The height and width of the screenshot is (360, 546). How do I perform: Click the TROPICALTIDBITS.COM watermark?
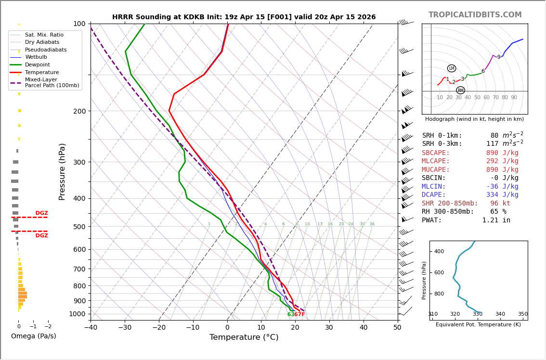tap(475, 15)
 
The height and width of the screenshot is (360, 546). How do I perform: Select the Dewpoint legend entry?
tap(37, 65)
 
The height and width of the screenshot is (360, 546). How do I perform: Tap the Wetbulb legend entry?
tap(36, 57)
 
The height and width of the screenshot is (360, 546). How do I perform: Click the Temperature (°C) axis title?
tap(244, 337)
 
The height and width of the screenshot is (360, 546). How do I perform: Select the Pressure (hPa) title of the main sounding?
tap(62, 171)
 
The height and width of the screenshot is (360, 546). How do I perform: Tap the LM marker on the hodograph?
tap(451, 68)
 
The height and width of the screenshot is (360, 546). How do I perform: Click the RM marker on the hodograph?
tap(460, 90)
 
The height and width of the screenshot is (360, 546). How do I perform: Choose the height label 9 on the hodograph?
tap(499, 57)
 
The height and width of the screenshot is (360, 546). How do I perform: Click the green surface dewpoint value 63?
tap(290, 315)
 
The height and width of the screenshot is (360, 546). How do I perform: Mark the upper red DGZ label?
tap(41, 213)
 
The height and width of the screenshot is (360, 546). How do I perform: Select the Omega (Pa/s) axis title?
tap(33, 336)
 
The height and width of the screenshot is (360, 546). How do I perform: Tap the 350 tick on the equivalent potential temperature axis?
tap(522, 314)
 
